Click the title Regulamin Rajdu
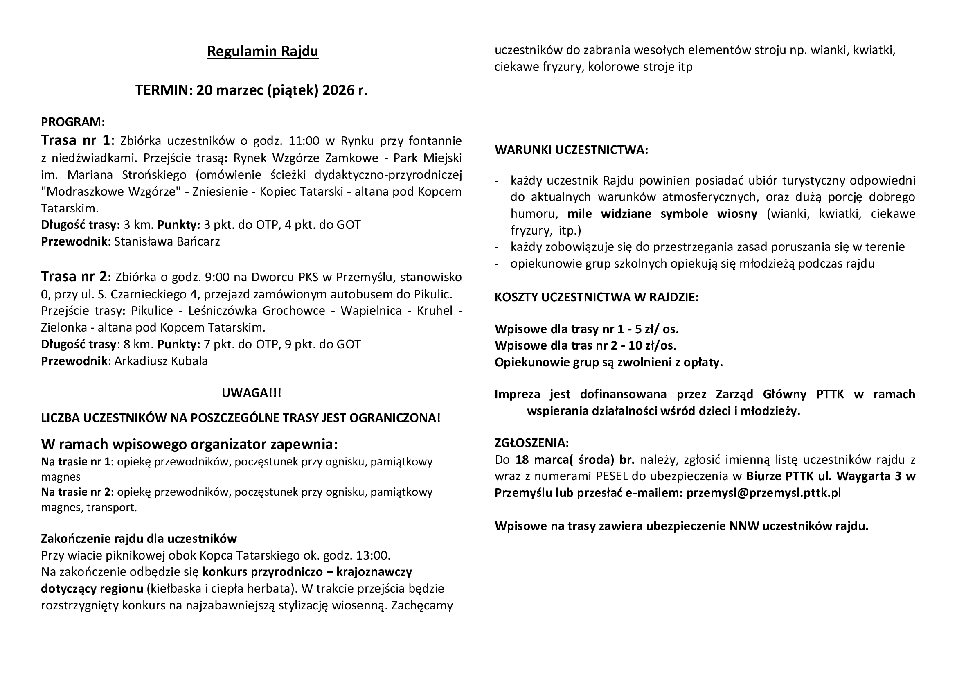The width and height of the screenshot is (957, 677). coord(263,51)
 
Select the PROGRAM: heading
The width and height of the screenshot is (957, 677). coord(73,122)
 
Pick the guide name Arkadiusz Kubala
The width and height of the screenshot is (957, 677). coord(161,361)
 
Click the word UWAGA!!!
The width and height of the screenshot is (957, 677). coord(251,393)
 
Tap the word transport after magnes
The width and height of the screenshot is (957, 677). coord(111,508)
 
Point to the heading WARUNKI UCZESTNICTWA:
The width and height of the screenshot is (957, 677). coord(571,150)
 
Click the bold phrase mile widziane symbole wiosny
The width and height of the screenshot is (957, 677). coord(662,214)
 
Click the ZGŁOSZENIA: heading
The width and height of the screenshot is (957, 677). coord(531,443)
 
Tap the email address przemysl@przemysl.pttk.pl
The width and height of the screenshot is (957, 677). coord(763,493)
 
